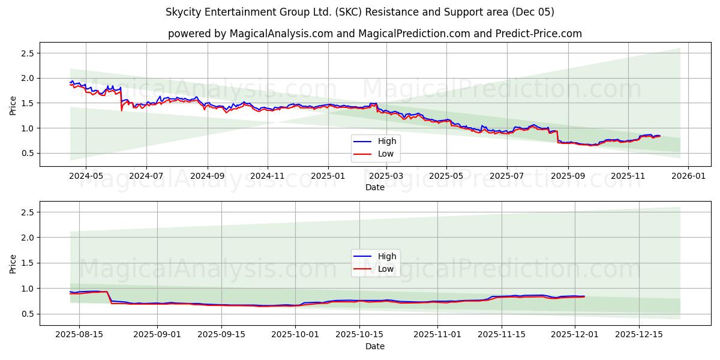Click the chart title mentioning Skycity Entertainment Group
(x=360, y=12)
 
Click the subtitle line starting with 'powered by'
(x=375, y=34)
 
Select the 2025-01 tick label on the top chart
(x=328, y=176)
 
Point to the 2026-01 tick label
(x=688, y=176)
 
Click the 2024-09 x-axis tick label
(x=208, y=176)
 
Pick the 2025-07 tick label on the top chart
(x=507, y=176)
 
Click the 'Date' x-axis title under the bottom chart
(x=375, y=346)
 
